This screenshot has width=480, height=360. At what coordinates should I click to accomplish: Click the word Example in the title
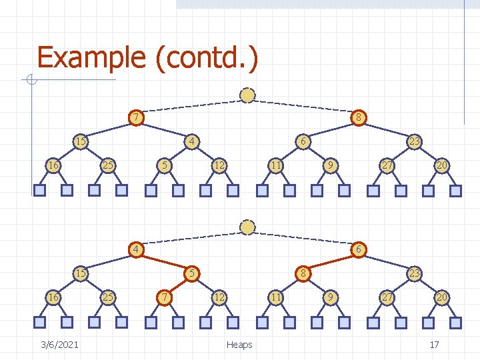(x=91, y=57)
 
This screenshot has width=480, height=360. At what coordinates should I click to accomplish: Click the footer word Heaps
(x=239, y=344)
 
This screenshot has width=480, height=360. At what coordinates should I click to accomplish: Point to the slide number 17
(x=434, y=344)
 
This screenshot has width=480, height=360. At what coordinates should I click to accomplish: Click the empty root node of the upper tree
(x=247, y=95)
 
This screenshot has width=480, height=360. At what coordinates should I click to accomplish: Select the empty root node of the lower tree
(x=247, y=227)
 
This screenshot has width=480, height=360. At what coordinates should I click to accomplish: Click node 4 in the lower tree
(x=135, y=249)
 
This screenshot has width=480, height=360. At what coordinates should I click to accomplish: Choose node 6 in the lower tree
(x=359, y=249)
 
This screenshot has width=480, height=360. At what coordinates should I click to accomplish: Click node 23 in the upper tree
(x=414, y=141)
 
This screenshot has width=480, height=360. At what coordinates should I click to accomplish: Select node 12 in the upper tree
(x=218, y=165)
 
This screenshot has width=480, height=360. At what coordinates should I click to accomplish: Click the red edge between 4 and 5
(x=163, y=261)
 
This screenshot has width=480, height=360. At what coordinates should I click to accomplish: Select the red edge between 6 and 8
(x=331, y=261)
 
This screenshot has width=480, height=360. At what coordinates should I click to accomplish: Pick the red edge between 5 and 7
(x=177, y=284)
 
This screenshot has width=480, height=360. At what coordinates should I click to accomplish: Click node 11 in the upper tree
(x=274, y=165)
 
